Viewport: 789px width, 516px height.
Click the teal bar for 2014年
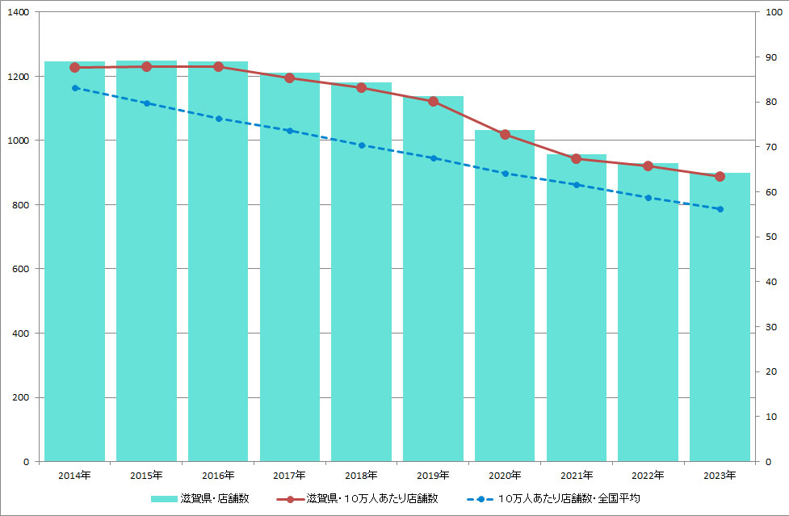[74, 266]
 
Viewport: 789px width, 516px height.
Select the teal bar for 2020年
[505, 299]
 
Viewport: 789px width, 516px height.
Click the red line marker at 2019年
[433, 102]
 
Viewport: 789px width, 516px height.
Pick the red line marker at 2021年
[576, 158]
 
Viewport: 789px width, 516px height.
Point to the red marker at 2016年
[218, 66]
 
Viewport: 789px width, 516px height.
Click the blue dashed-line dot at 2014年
[75, 88]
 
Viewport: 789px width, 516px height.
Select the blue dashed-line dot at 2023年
[720, 209]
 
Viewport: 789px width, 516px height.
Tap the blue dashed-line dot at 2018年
[362, 145]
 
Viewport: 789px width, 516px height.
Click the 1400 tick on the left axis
[18, 12]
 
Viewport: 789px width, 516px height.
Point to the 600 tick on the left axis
[21, 269]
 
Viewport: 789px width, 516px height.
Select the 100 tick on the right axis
[771, 12]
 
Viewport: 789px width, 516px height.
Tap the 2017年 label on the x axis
[290, 475]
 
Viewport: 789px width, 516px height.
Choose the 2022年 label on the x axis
[648, 475]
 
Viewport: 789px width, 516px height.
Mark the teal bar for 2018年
[362, 275]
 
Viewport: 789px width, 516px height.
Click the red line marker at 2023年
[720, 176]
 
